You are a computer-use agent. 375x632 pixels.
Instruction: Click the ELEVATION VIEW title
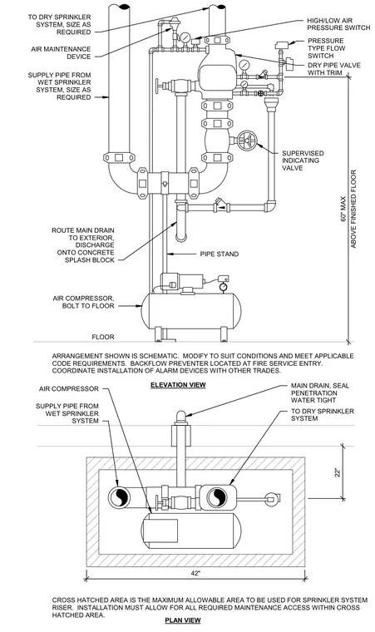coord(178,385)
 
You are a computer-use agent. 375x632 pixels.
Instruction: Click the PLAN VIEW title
coord(183,620)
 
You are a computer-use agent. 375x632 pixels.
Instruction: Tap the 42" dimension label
coord(195,573)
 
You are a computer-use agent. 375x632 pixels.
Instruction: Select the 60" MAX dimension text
coord(343,209)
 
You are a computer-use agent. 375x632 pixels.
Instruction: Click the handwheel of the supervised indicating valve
coord(246,141)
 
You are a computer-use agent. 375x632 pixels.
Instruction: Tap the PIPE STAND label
coord(220,254)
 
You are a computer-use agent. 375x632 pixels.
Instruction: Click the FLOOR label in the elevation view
coord(103,337)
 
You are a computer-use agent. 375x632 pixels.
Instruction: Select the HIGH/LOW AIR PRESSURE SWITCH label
coord(338,24)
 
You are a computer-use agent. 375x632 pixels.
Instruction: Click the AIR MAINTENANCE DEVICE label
coord(61,52)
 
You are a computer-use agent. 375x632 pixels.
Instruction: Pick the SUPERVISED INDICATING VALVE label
coord(303,160)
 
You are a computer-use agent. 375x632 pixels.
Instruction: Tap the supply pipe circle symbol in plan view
coord(119,496)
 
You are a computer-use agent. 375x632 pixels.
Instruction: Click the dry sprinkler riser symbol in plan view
coord(217,496)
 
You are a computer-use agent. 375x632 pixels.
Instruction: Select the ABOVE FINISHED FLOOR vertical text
coord(353,209)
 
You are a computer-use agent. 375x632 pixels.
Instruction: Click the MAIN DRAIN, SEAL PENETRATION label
coord(320,393)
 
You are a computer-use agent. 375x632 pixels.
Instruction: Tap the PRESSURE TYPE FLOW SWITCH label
coord(327,48)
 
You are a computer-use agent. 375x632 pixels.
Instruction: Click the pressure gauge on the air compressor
coord(222,287)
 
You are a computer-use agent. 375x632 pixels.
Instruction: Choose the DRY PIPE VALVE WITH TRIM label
coord(334,69)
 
